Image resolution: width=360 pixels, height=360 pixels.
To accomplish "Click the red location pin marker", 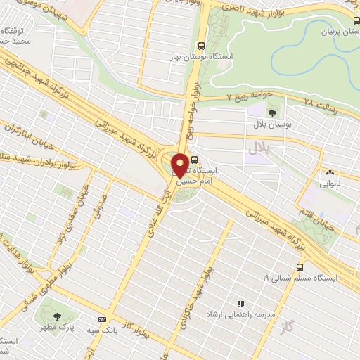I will pos(181,165).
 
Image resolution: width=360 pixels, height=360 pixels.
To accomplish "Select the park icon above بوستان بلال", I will pos(272,110).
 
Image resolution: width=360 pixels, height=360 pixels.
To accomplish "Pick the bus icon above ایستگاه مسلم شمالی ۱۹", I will pos(300,267).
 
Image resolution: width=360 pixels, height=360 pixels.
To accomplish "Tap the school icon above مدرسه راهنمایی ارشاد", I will pos(240,304).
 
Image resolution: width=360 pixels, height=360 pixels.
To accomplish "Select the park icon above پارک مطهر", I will pos(56,316).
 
